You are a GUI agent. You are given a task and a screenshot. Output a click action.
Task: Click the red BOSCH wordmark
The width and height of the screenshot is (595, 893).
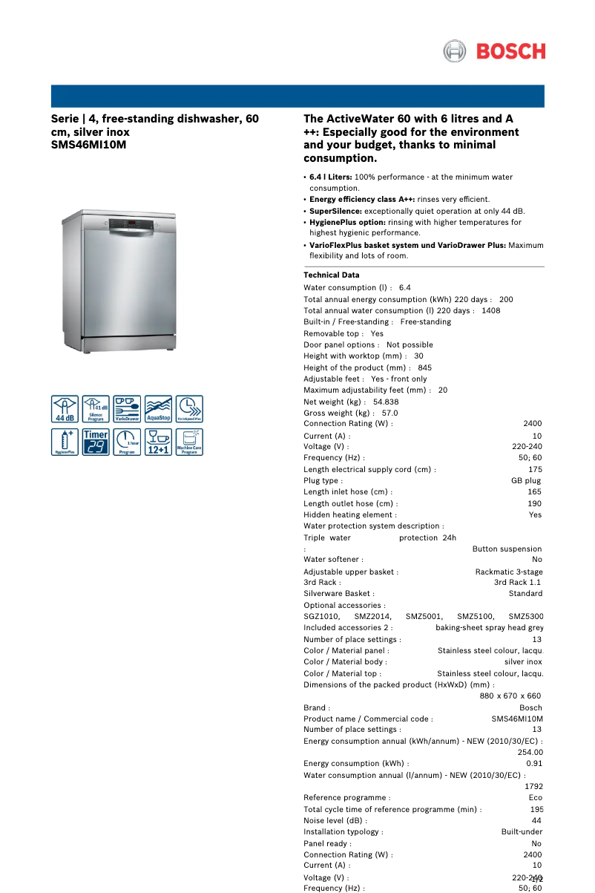[x=510, y=51]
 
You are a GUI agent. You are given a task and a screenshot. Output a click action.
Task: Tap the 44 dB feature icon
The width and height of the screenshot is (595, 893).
[x=65, y=409]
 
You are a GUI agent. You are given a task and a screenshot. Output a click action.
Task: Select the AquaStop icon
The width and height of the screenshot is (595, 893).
[x=158, y=409]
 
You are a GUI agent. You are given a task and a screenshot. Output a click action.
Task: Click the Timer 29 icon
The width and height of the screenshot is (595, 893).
[x=96, y=442]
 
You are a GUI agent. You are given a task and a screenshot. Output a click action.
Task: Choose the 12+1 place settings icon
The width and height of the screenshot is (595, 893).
[x=158, y=442]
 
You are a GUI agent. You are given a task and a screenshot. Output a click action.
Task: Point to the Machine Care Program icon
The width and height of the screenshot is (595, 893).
[x=189, y=442]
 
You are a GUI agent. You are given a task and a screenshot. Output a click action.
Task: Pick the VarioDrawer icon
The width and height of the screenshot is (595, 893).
[x=127, y=409]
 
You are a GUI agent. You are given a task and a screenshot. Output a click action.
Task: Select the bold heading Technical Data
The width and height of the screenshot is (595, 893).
[x=331, y=275]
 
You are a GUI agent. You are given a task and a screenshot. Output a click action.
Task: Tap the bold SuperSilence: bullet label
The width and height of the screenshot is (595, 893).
[x=335, y=211]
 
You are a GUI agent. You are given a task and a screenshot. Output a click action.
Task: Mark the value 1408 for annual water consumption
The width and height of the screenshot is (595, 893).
[x=490, y=310]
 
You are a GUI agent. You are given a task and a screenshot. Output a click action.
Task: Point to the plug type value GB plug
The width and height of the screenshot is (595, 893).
[x=526, y=480]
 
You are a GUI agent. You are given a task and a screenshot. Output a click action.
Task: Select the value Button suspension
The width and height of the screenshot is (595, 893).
[x=507, y=549]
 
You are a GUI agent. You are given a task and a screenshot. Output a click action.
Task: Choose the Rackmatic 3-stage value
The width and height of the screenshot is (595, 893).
[x=508, y=572]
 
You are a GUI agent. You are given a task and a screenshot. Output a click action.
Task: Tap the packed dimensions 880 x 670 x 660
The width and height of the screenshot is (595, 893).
[x=510, y=696]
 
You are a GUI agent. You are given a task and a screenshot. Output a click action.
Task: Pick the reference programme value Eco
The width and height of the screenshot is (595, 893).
[x=535, y=797]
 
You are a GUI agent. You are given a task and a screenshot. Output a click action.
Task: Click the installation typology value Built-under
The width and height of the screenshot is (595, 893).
[x=521, y=832]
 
